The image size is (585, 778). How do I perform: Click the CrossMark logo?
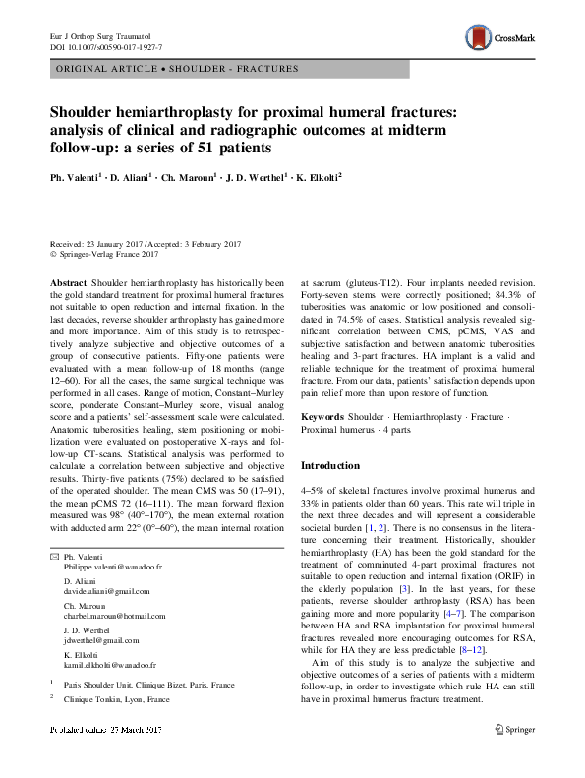(x=500, y=38)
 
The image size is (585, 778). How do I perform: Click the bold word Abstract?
(x=67, y=281)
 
